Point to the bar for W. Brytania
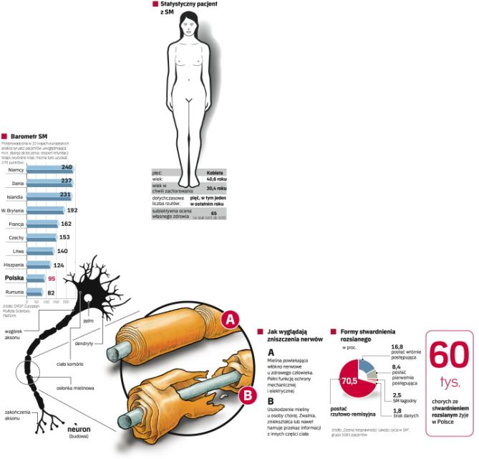45,210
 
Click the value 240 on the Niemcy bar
67,167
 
